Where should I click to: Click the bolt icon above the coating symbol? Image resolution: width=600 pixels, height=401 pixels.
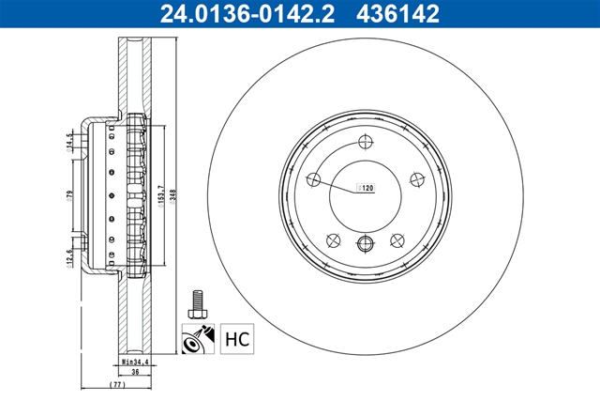click(198, 302)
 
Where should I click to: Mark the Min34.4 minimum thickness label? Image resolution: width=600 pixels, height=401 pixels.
click(137, 360)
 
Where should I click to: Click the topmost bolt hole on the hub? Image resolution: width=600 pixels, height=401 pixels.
click(365, 143)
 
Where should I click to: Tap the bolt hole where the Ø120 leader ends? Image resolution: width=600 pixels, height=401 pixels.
click(314, 180)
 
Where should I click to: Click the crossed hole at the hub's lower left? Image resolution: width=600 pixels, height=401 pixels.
click(333, 239)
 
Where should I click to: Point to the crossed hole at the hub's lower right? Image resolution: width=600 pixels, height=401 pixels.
click(397, 239)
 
